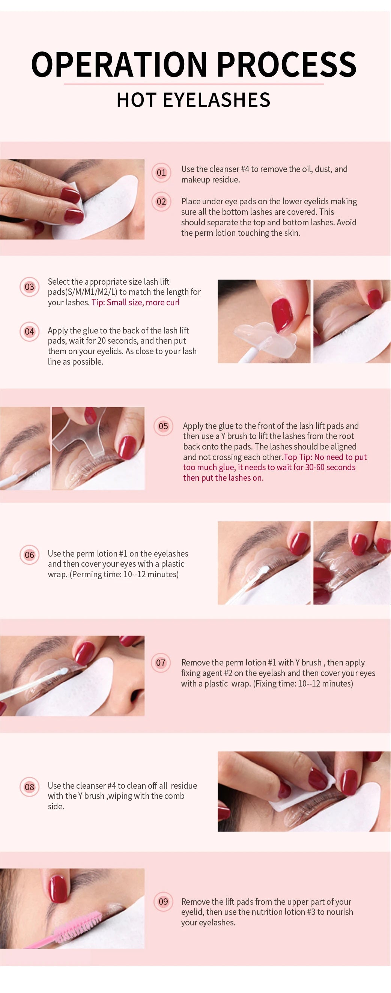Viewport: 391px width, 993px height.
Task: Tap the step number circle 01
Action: coord(161,173)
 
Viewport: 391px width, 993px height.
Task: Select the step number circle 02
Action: coord(161,202)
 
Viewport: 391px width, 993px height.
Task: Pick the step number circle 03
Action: coord(29,287)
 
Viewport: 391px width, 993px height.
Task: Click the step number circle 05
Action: coord(163,426)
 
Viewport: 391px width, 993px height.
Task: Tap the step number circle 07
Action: coord(161,663)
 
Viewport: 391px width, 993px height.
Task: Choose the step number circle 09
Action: coord(163,902)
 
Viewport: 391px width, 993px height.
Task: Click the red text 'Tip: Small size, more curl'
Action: coord(135,303)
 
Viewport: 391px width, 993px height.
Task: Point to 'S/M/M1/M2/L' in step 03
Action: coord(92,292)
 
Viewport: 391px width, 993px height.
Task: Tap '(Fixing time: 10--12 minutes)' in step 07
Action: coord(303,684)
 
